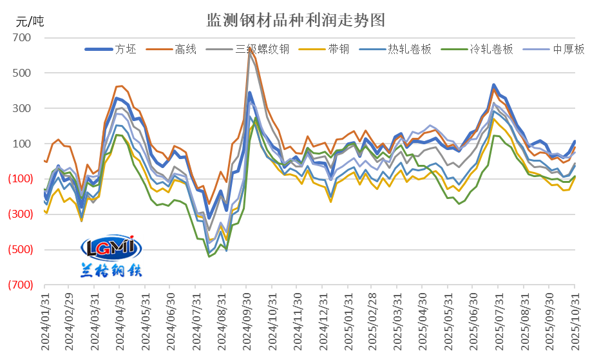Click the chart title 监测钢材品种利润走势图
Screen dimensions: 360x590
pyautogui.click(x=295, y=20)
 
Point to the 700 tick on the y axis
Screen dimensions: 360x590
pyautogui.click(x=22, y=38)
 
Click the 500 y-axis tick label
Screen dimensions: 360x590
pyautogui.click(x=22, y=73)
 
